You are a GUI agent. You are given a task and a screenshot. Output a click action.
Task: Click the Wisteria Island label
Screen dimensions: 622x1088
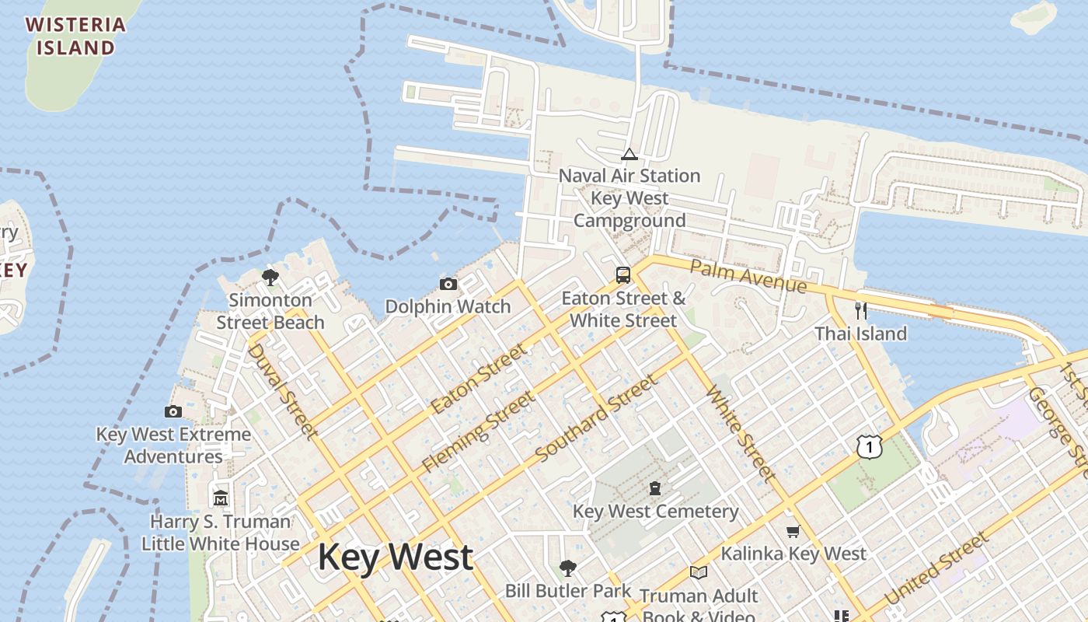click(75, 36)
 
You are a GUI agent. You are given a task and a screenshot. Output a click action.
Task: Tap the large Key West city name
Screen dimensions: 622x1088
click(396, 557)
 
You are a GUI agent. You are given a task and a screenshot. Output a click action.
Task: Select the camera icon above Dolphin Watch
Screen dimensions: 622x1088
click(448, 285)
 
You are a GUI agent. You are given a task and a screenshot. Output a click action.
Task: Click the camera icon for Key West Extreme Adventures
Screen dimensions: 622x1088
click(173, 412)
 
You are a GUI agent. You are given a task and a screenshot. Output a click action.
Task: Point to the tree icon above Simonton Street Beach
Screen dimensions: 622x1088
click(270, 278)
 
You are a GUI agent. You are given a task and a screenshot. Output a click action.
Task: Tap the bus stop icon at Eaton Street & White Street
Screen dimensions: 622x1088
click(623, 275)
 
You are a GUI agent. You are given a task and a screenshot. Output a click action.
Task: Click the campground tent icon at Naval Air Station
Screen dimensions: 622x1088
click(629, 154)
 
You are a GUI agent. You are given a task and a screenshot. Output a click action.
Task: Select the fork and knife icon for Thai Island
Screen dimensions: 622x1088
click(860, 311)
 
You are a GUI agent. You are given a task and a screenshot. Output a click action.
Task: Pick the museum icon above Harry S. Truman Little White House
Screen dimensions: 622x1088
click(221, 498)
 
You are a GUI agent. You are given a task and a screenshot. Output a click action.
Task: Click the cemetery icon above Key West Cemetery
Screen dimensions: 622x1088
click(655, 489)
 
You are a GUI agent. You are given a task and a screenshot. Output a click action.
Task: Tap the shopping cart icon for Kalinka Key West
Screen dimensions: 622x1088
click(793, 532)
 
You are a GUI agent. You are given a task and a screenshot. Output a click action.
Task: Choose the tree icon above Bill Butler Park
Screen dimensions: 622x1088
click(568, 568)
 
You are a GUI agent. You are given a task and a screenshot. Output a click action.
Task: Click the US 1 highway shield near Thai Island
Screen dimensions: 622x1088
click(870, 446)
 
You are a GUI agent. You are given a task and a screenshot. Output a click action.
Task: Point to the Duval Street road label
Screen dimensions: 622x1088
click(282, 390)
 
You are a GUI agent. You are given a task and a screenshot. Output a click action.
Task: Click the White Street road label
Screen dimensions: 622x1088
click(741, 432)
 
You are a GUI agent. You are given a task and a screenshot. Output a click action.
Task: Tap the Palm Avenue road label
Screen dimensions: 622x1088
click(748, 277)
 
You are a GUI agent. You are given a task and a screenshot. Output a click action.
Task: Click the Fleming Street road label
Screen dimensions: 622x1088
click(478, 432)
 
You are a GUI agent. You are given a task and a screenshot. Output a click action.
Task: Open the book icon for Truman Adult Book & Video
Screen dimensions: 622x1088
click(699, 573)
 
